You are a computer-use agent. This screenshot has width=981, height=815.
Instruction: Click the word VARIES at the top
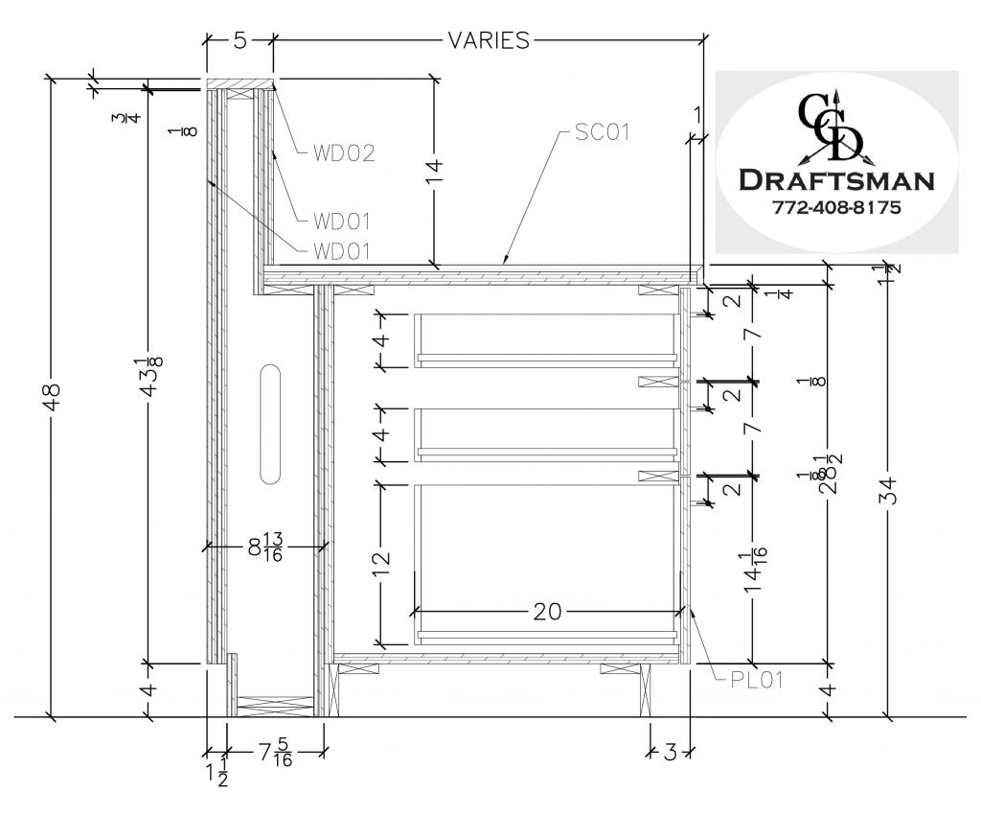(x=489, y=40)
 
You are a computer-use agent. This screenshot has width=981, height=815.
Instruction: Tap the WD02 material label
(x=341, y=152)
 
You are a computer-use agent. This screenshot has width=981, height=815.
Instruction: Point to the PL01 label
(x=753, y=682)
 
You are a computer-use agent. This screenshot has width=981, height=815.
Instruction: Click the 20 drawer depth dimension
(x=548, y=610)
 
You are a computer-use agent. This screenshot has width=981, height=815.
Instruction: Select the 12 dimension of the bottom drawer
(x=381, y=562)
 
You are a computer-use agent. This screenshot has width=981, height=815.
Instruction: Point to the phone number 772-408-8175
(x=835, y=207)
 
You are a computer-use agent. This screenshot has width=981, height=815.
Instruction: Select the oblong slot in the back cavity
(x=269, y=422)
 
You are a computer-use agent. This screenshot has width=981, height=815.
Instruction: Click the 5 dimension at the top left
(x=240, y=40)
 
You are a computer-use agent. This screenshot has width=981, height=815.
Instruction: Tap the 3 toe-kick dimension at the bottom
(x=670, y=752)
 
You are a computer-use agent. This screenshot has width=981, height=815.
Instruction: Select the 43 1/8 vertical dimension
(x=148, y=374)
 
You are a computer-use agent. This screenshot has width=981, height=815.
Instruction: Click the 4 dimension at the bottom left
(x=148, y=689)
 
